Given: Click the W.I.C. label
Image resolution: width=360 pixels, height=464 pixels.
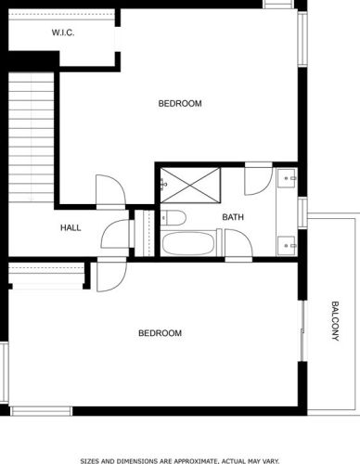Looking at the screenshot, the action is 63,32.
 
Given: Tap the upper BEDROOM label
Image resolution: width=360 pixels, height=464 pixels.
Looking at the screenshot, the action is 180,103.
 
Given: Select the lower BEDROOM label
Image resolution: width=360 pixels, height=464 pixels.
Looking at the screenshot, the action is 160,333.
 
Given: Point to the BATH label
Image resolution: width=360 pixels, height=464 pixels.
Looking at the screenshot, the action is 233,217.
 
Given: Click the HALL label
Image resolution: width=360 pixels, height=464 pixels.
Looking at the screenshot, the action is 71,228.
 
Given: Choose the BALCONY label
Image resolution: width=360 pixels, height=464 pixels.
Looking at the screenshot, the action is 335,321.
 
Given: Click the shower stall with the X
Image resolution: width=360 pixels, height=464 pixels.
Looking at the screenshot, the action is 190,186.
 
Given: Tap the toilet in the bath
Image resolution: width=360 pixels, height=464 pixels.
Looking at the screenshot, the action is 174,217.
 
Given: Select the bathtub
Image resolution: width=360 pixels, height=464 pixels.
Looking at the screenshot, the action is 188,243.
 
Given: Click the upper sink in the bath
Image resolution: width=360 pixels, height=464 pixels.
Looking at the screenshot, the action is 287,178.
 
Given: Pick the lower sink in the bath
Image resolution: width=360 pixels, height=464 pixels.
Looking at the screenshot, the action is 287,246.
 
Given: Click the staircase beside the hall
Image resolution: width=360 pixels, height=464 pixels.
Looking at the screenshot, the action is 31,137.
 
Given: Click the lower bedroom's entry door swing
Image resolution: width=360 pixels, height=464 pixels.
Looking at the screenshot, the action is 111,276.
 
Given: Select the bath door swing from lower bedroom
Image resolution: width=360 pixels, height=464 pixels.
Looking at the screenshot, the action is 238,244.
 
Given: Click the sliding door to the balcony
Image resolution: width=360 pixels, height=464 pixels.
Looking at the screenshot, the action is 303,330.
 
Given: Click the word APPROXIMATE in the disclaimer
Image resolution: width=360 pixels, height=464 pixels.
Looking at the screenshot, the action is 193,461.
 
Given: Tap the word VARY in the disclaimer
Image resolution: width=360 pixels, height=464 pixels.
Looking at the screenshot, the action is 272,461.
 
